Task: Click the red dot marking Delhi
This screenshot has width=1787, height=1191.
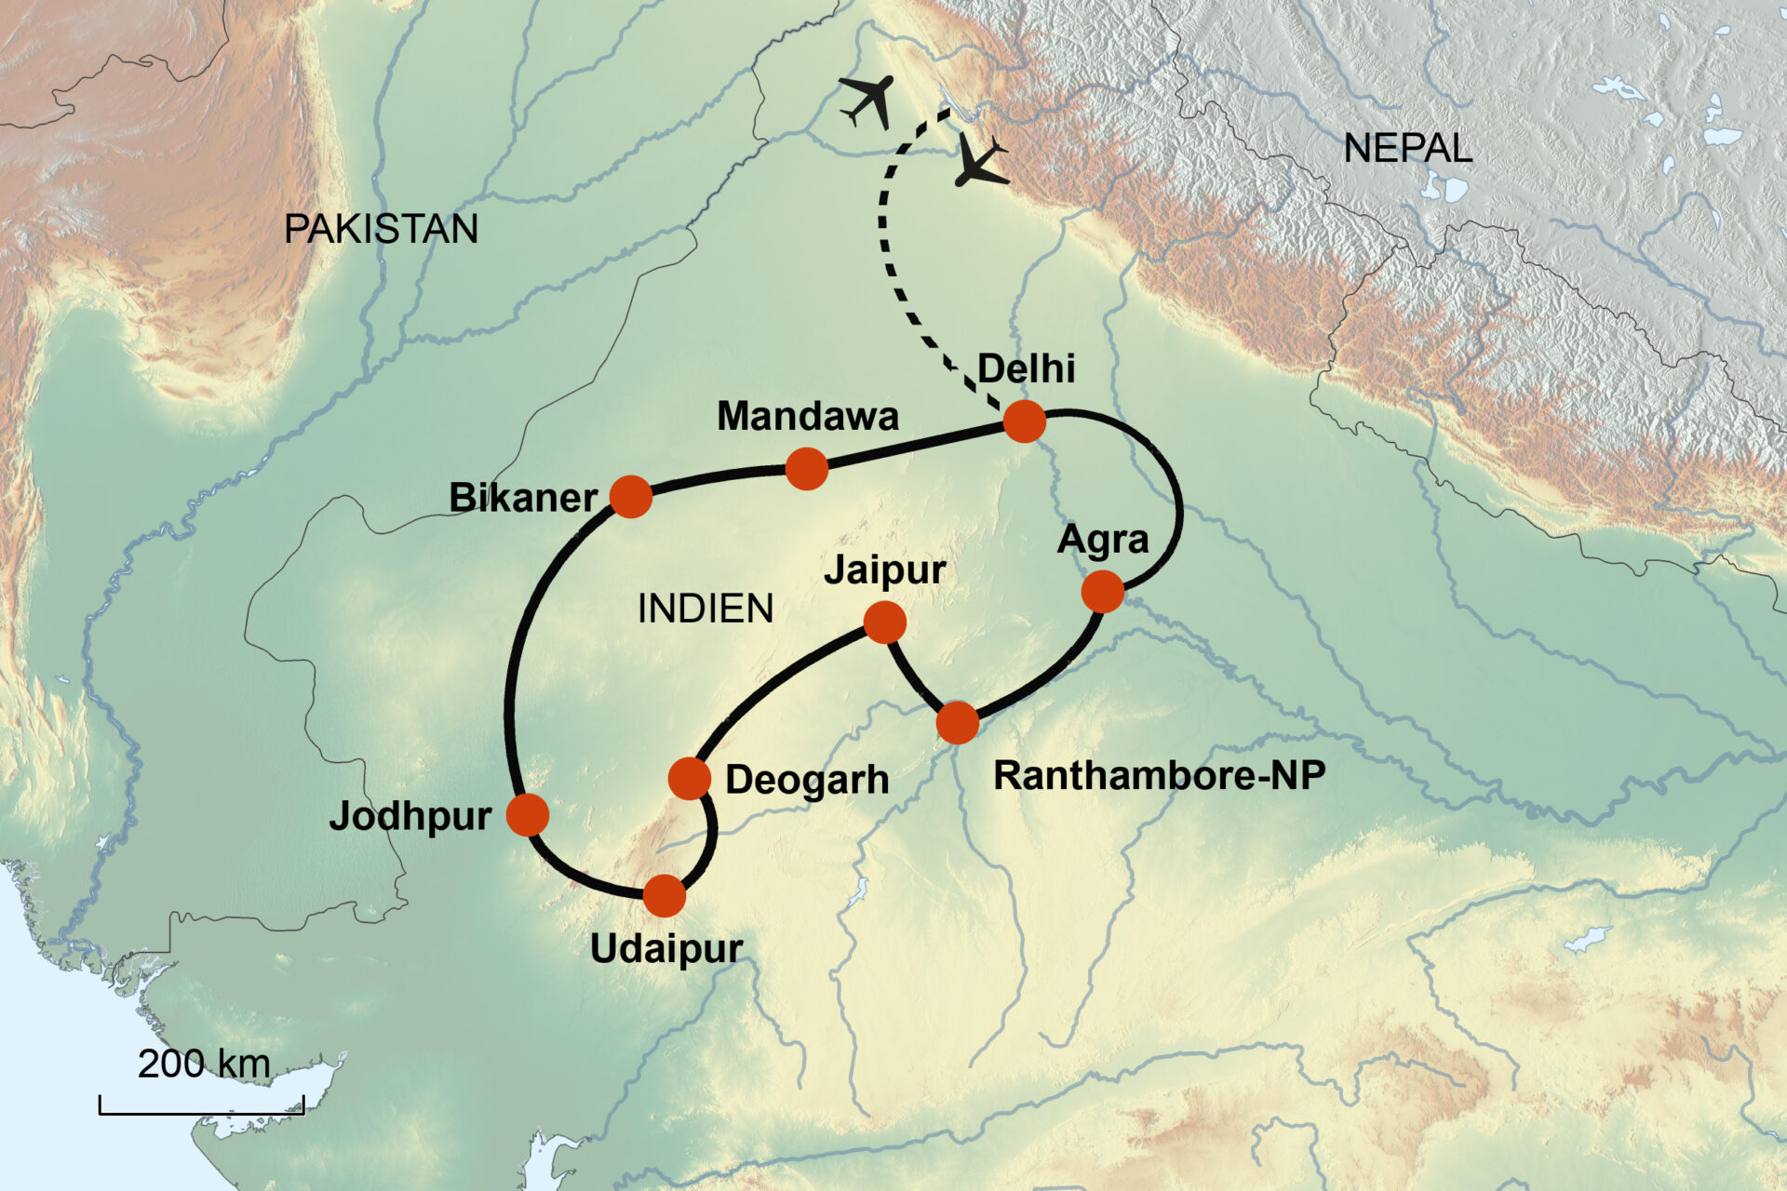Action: [x=1024, y=422]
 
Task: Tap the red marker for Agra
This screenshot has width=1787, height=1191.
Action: [x=1103, y=592]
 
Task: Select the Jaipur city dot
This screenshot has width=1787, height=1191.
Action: [x=884, y=622]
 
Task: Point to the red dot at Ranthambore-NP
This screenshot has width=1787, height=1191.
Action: [x=958, y=723]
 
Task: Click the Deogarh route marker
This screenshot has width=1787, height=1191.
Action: [x=690, y=779]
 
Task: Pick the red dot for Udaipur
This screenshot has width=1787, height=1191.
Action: [x=665, y=896]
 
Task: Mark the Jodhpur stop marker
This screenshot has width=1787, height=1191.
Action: [x=528, y=815]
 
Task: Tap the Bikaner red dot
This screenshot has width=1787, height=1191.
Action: [x=631, y=497]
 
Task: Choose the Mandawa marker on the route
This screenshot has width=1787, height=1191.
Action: [x=807, y=469]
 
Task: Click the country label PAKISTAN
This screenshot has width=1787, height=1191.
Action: [x=381, y=229]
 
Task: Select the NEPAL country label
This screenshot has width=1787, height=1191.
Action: [x=1407, y=149]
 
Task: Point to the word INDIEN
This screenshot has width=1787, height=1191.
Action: [x=705, y=609]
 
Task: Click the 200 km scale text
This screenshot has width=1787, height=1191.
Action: [x=204, y=1064]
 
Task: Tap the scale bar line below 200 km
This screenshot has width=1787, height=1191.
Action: [x=202, y=1111]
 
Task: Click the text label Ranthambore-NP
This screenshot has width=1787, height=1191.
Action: [x=1159, y=775]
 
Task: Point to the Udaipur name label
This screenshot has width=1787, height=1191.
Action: [x=666, y=949]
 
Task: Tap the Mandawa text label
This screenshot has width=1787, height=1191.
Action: [x=807, y=417]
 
